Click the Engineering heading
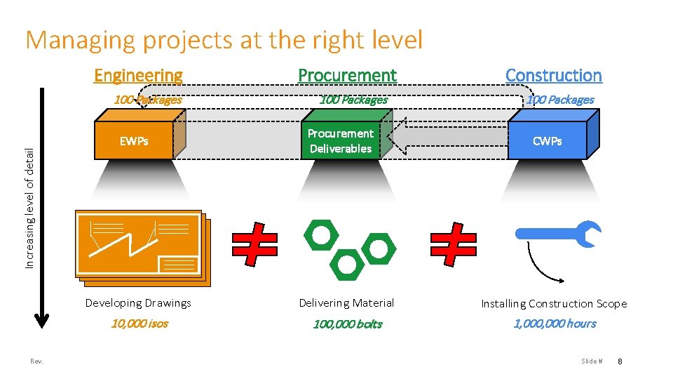(x=138, y=75)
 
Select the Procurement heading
(x=347, y=75)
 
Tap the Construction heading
(x=553, y=75)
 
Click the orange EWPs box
(x=135, y=141)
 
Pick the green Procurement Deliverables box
(x=341, y=141)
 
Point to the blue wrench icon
(x=561, y=234)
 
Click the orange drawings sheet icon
(x=140, y=247)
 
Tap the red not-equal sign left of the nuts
(x=254, y=244)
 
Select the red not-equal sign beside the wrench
(x=454, y=244)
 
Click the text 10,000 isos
(x=140, y=324)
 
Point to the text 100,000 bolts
(x=347, y=324)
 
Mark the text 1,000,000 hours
(x=555, y=324)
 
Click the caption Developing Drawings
(x=138, y=303)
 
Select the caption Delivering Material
(x=346, y=303)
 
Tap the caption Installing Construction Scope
(x=554, y=304)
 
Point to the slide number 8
(x=620, y=361)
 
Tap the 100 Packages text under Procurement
(x=353, y=100)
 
